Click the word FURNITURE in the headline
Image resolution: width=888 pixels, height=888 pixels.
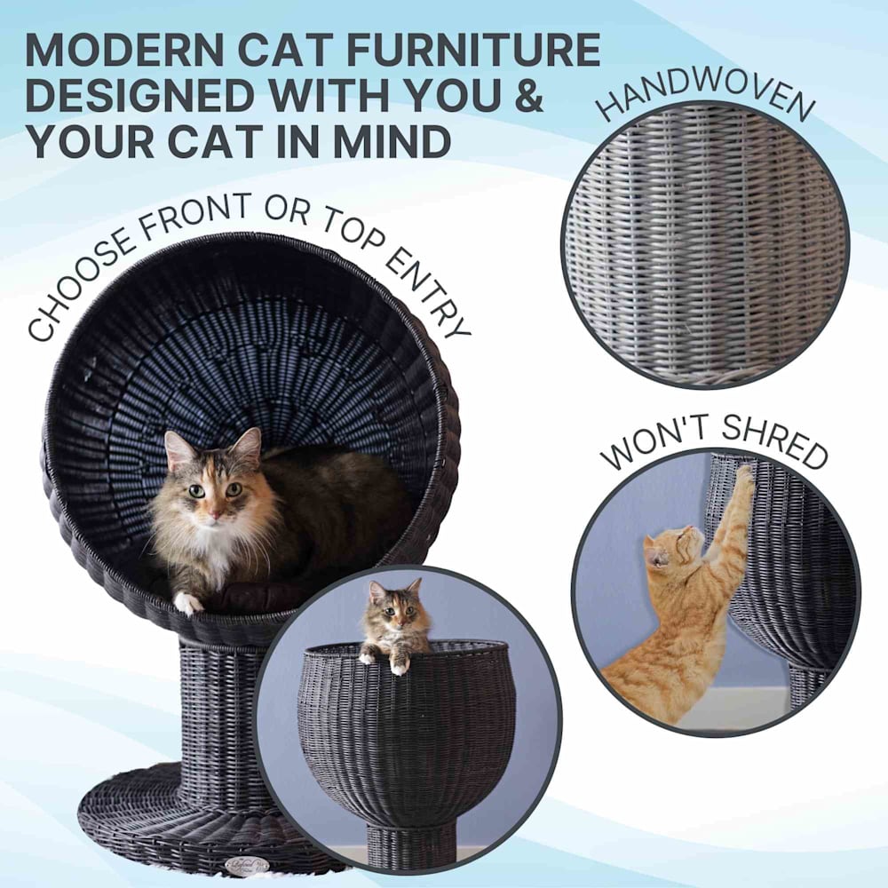pos(472,50)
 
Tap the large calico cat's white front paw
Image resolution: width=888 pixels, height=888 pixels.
pos(188,603)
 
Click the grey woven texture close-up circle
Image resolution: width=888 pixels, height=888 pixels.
pos(705,245)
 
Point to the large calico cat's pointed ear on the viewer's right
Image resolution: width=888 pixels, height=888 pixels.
pos(249,446)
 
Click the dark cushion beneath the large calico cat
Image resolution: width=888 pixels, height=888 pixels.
pos(255,598)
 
